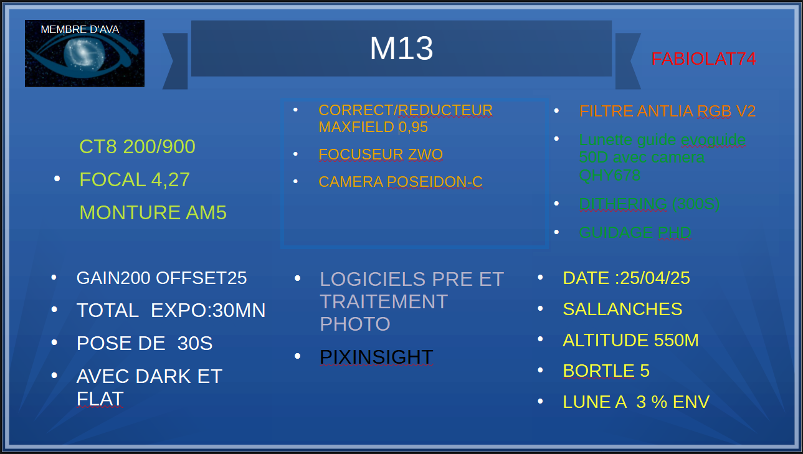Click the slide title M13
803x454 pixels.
click(x=401, y=49)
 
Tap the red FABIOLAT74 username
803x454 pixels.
click(x=704, y=59)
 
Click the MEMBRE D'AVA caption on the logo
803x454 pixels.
click(x=80, y=29)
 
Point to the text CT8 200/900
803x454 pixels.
click(x=137, y=146)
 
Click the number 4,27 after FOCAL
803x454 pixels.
click(x=170, y=180)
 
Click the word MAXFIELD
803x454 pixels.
click(x=356, y=127)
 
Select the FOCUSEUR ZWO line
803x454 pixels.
click(x=381, y=154)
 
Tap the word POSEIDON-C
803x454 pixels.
click(x=435, y=182)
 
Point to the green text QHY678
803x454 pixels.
click(x=610, y=175)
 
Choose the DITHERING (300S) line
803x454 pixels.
click(x=650, y=204)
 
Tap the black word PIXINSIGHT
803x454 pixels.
click(x=376, y=357)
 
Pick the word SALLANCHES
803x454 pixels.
click(x=623, y=310)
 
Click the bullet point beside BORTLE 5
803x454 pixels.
click(x=540, y=370)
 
